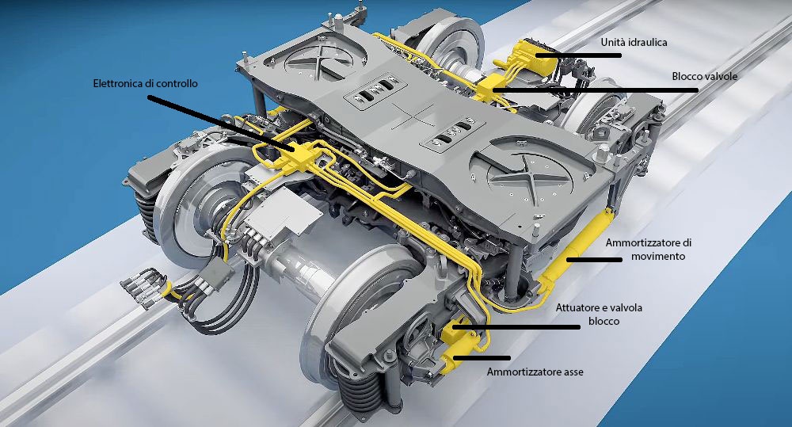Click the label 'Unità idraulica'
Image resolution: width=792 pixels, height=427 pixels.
(x=634, y=42)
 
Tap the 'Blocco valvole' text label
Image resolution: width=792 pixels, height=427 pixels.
(x=705, y=76)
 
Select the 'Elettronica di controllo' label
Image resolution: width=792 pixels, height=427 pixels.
(x=146, y=83)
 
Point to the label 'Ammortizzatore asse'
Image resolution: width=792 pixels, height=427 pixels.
(x=535, y=372)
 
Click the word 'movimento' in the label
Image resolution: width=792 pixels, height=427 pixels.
(x=658, y=256)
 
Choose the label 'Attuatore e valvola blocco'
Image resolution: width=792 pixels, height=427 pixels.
(x=599, y=315)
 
